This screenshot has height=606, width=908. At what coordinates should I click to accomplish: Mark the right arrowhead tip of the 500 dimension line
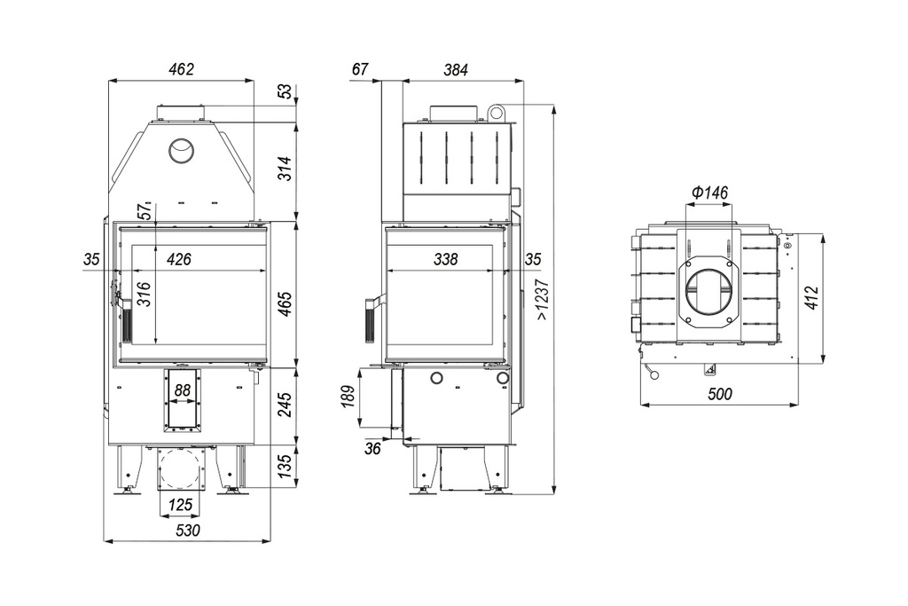(x=798, y=405)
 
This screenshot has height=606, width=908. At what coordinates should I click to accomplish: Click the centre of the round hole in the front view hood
(x=181, y=151)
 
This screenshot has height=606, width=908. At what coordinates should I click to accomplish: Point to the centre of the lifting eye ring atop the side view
(x=494, y=112)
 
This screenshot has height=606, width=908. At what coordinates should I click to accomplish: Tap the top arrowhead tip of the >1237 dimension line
(x=555, y=105)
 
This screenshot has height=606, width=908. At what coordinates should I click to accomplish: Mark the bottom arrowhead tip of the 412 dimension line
(x=824, y=364)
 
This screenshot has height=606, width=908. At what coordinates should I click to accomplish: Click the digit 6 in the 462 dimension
(x=181, y=69)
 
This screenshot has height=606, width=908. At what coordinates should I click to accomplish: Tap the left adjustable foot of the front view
(x=127, y=492)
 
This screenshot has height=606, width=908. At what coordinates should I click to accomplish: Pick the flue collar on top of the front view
(x=181, y=112)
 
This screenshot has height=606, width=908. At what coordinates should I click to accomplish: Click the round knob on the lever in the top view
(x=655, y=376)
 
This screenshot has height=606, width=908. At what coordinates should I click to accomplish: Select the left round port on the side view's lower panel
(x=435, y=379)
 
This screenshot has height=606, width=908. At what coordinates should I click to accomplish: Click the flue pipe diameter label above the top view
(x=710, y=193)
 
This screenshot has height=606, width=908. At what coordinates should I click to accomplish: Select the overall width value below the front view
(x=187, y=530)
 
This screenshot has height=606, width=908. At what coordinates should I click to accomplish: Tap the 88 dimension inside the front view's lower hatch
(x=182, y=390)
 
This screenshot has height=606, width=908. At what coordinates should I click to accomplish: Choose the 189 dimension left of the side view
(x=348, y=397)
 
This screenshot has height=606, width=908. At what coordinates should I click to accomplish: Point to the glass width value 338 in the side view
(x=445, y=259)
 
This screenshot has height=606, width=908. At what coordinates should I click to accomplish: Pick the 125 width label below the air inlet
(x=180, y=505)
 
